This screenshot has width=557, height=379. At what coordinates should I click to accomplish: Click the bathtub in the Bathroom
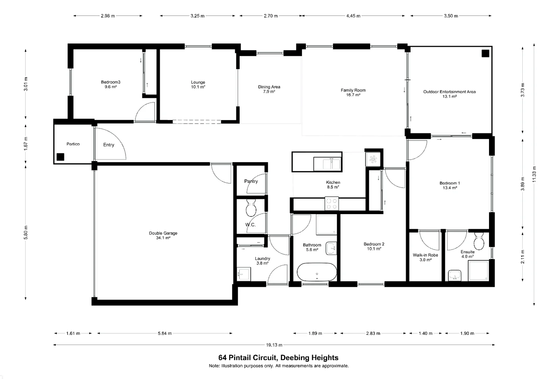[x=317, y=272]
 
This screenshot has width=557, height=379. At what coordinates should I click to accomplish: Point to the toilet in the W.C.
[x=251, y=208]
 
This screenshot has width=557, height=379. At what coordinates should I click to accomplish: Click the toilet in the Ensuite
[x=479, y=241]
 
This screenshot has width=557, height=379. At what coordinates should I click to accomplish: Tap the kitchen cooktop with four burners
[x=332, y=204]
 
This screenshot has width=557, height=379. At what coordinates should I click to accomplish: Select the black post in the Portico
[x=60, y=157]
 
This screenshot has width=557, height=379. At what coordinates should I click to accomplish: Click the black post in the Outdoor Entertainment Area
[x=486, y=54]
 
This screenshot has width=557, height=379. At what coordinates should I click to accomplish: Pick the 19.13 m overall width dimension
[x=274, y=345]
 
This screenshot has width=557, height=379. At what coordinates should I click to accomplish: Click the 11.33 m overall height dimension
[x=534, y=174]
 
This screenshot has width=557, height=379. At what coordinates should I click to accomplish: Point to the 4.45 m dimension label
[x=353, y=16]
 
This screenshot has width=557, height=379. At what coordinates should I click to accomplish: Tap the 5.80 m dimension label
[x=26, y=233]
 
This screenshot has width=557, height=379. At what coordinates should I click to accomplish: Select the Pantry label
[x=251, y=181]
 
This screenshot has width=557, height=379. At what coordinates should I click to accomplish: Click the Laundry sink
[x=244, y=274]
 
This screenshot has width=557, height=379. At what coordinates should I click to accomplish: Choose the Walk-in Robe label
[x=426, y=255]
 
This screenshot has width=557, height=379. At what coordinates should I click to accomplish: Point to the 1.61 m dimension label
[x=73, y=333]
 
